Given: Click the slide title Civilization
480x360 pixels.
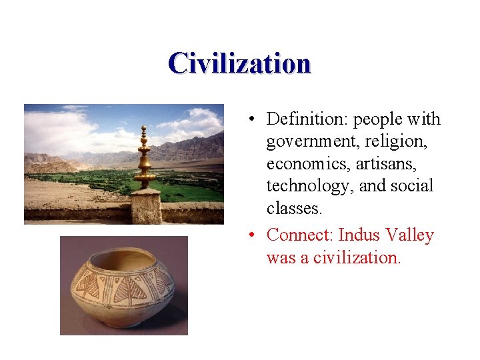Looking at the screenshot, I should [239, 63].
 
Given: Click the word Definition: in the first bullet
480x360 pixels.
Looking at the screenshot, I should [307, 119].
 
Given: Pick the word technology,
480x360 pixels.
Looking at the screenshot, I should [309, 187].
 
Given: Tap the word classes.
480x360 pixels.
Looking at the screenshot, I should [294, 209].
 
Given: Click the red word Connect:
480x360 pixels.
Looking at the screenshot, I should [300, 235].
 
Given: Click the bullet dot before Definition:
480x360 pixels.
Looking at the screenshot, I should [248, 120].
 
